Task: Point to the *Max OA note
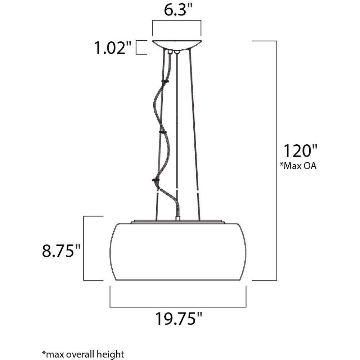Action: [298, 166]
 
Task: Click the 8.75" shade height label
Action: [61, 251]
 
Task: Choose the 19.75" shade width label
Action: [179, 319]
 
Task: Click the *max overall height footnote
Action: [83, 354]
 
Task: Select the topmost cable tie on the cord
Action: [165, 81]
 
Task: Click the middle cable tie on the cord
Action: [163, 132]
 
